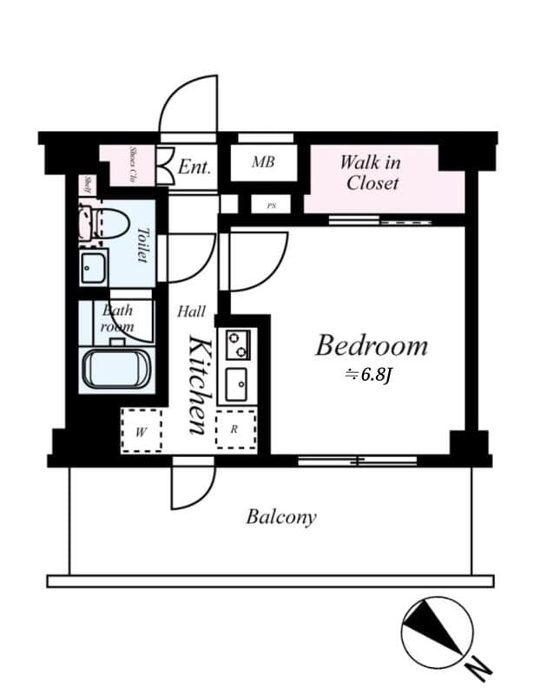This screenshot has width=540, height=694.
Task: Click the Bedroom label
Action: (x=371, y=346)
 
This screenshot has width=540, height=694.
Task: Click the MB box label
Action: (x=263, y=162)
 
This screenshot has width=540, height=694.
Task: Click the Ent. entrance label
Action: (x=194, y=166)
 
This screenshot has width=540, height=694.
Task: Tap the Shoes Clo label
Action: (x=134, y=164)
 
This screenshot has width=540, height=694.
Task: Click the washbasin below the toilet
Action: (x=94, y=269)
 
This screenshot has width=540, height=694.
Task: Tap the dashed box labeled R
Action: (x=235, y=429)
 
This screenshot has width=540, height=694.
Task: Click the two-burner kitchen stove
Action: (x=236, y=344)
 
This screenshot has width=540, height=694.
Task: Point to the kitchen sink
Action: (x=235, y=383)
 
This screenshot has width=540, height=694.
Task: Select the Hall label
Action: (x=191, y=311)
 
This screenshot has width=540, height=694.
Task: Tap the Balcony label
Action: (x=280, y=518)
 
